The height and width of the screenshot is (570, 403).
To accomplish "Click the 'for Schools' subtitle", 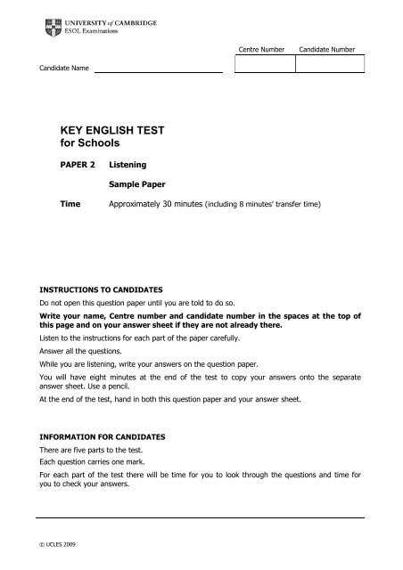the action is click(x=90, y=143).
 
